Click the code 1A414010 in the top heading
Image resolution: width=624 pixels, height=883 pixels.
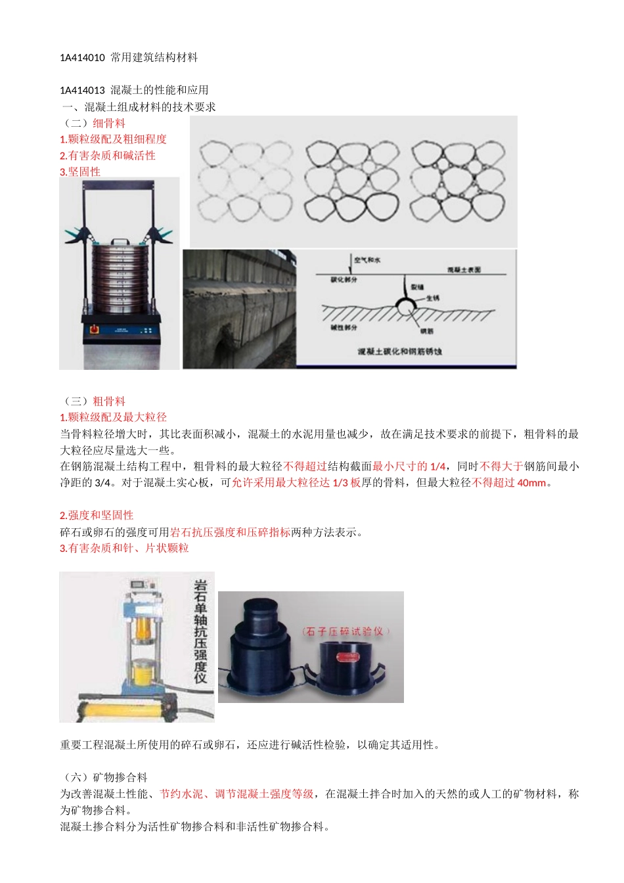[82, 58]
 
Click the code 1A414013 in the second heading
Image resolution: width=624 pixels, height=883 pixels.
[82, 91]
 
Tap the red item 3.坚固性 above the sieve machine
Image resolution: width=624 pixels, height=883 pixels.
[80, 172]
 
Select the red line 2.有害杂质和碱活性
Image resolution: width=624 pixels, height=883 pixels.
[108, 156]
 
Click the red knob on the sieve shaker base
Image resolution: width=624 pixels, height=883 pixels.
[93, 328]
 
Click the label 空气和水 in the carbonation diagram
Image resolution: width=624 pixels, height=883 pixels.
[367, 260]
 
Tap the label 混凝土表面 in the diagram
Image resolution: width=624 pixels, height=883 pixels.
[464, 270]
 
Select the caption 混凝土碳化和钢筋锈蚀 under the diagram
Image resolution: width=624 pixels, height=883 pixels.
[399, 351]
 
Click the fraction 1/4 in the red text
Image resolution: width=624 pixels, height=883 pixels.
[437, 466]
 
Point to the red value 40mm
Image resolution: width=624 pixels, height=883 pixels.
[532, 483]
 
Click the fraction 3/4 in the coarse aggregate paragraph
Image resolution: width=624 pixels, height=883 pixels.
[102, 483]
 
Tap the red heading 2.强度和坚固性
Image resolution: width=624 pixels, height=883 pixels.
[97, 516]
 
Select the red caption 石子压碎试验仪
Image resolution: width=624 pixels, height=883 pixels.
[346, 631]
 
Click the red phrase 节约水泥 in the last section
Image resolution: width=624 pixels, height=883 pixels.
[181, 794]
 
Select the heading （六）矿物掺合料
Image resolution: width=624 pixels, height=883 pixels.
[105, 778]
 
